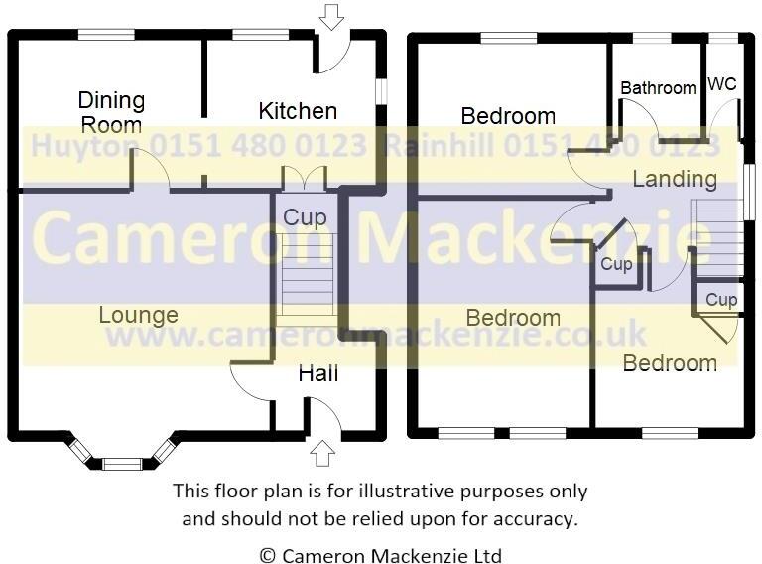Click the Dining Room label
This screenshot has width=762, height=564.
[111, 112]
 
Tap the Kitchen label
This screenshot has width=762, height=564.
[298, 110]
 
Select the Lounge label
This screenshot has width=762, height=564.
[139, 315]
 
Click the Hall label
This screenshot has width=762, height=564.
[318, 373]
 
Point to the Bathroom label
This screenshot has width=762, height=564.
[658, 88]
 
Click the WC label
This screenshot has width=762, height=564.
[723, 85]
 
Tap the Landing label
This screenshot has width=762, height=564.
[675, 179]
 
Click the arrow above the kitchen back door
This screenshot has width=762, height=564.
[331, 16]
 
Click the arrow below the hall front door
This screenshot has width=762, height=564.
[321, 454]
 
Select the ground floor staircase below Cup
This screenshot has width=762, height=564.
[305, 278]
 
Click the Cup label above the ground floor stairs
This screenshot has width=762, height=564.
[305, 217]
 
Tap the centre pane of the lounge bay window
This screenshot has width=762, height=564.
[123, 463]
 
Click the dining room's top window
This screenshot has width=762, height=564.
[106, 36]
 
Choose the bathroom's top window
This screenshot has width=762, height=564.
[652, 38]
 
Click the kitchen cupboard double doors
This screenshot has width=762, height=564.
[304, 179]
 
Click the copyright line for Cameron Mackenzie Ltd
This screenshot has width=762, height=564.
[381, 555]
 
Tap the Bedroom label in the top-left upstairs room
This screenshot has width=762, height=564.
[508, 116]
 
